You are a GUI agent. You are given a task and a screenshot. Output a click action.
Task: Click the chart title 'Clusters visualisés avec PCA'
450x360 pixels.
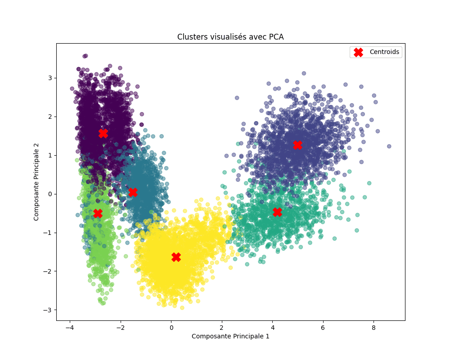coord(230,37)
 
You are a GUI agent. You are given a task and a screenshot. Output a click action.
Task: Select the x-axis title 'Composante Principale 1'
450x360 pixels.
coord(230,336)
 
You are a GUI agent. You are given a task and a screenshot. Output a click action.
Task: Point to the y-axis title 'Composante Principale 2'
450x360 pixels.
coord(36,182)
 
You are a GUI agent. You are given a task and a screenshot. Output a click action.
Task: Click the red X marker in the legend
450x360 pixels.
coord(358,52)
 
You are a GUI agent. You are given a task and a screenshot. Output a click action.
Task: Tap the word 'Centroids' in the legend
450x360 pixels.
coord(384,52)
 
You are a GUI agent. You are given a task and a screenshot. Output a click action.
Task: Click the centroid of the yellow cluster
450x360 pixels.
coord(176,257)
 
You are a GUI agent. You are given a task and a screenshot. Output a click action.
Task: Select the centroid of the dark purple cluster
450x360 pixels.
coord(103,133)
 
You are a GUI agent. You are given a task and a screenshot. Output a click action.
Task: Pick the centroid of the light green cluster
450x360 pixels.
coord(98,213)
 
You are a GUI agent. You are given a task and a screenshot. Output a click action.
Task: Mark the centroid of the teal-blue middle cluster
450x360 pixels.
coord(133,192)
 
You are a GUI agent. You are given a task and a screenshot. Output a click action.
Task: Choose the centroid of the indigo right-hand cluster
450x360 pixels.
coord(297,145)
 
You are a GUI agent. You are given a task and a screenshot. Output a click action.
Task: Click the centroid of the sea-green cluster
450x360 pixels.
coord(277,211)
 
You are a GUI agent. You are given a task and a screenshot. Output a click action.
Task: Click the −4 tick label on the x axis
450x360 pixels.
coord(70,327)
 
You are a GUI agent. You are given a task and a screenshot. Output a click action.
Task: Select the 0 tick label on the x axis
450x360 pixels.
coord(171,327)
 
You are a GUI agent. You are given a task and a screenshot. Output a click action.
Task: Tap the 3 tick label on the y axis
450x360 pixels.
coord(50,78)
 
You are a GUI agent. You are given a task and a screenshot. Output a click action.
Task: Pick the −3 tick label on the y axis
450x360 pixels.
coord(48,310)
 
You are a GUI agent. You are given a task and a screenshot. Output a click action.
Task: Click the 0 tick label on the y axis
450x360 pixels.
coord(50,194)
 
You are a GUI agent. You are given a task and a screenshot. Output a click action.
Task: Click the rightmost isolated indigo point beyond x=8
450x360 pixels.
coord(389,146)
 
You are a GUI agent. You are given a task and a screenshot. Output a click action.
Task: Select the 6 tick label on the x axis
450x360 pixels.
coord(323,327)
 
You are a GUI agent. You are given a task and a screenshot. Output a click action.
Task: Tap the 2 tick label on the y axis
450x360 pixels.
coord(50,117)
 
